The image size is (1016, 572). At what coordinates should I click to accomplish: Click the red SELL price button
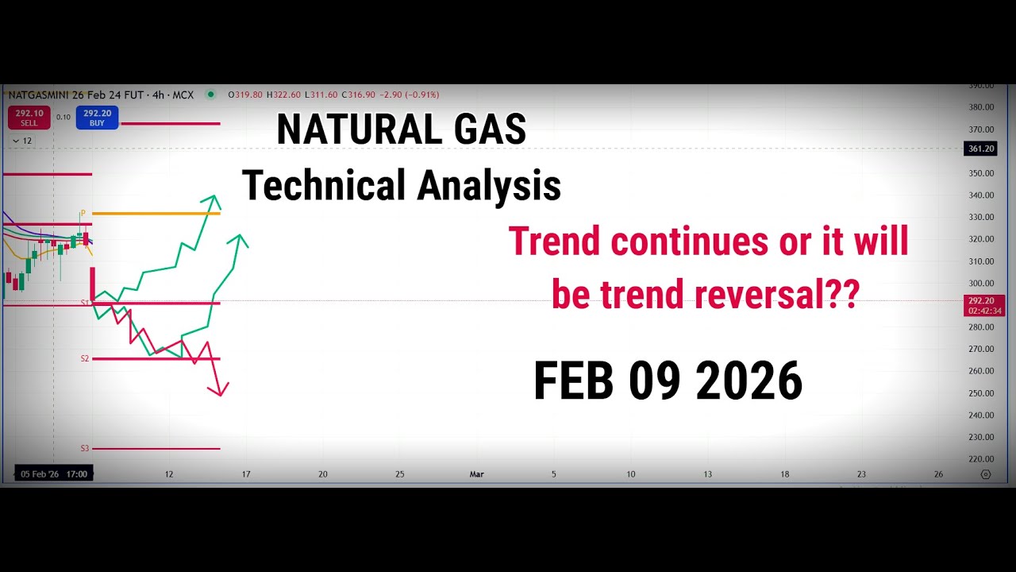point(29,118)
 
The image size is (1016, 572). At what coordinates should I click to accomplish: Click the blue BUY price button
point(97,118)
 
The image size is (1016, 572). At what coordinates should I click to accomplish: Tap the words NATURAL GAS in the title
point(401,129)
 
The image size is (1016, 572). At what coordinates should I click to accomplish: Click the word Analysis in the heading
point(489,186)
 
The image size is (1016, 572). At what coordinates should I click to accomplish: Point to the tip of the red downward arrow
point(217,395)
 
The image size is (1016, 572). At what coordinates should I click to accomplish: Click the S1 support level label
point(85,303)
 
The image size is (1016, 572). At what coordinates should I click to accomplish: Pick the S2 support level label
point(85,359)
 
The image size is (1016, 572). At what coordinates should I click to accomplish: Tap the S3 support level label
point(85,449)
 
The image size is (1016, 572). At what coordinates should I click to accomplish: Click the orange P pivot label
point(83,213)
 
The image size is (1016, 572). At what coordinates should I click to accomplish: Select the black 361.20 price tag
point(980,149)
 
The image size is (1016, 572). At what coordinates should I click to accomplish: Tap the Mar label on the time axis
point(476,474)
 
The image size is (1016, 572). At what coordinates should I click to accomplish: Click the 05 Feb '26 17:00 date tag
point(54,474)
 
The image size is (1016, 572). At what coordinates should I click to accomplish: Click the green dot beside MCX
point(210,95)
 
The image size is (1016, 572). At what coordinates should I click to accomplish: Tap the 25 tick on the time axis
point(399,474)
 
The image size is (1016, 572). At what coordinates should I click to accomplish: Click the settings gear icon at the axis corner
point(986,474)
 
